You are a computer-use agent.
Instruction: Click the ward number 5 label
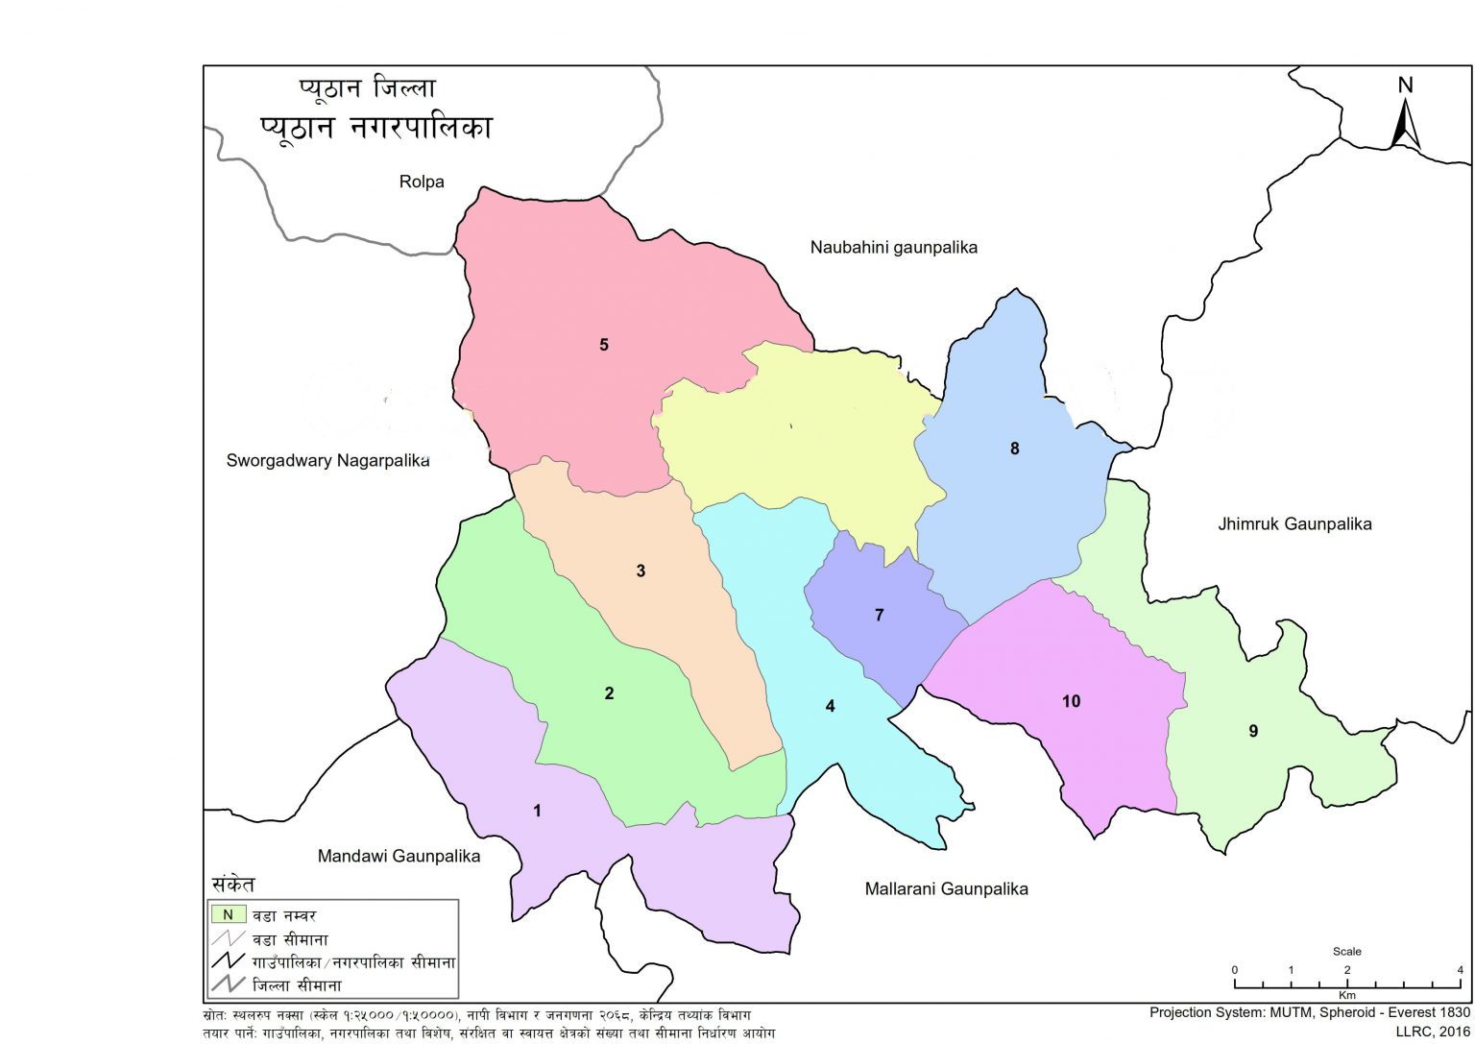coord(604,345)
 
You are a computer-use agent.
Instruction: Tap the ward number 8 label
coord(1014,449)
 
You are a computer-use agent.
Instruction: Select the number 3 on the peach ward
coord(641,571)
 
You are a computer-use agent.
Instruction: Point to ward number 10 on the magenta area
coord(1071,702)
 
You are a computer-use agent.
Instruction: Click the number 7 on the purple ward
coord(879,616)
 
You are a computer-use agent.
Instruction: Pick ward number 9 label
coord(1253,732)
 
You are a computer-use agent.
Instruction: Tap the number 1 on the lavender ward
coord(537,812)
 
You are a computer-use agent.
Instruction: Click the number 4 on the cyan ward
coord(830,707)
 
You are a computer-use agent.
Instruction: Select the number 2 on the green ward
coord(609,694)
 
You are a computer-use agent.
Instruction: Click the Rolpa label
coord(422,182)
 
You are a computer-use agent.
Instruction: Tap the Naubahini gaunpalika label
coord(893,248)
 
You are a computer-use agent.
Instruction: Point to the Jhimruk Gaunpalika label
coord(1294,524)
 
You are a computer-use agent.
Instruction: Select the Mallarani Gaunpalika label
coord(946,889)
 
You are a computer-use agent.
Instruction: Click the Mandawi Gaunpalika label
coord(399,856)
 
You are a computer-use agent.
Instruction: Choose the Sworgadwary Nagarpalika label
coord(327,460)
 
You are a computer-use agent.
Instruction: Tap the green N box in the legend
coord(229,914)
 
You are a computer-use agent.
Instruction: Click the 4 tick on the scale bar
coord(1460,970)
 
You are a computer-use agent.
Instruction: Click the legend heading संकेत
coord(233,885)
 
